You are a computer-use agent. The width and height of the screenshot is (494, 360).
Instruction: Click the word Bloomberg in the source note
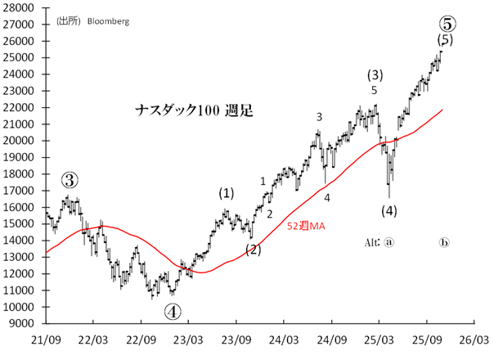pos(108,21)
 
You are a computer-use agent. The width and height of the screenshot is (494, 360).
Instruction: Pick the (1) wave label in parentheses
pos(226,194)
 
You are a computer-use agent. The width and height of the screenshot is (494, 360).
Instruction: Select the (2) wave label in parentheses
pos(254,250)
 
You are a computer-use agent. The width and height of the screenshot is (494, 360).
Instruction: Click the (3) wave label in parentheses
pos(375,75)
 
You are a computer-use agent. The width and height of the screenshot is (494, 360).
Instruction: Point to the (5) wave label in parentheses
pos(445,40)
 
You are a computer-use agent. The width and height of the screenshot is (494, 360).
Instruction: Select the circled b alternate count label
pos(445,243)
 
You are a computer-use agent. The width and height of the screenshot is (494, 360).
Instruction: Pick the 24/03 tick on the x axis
pos(284,338)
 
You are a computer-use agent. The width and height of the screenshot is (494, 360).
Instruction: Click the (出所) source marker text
pos(69,21)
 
